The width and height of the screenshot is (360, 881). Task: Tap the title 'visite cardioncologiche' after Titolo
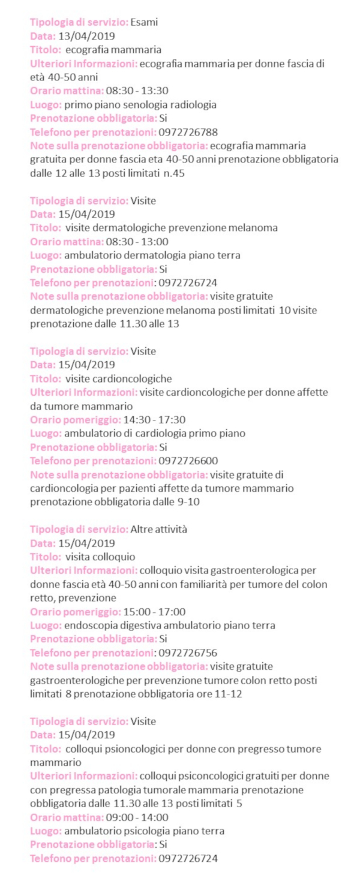[x=119, y=378]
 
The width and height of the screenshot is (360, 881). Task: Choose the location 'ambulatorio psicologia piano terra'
[x=144, y=831]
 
